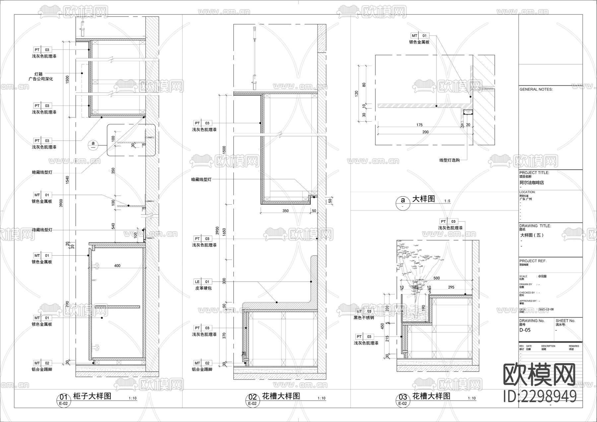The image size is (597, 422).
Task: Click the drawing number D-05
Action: pos(525,330)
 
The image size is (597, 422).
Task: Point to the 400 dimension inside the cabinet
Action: pos(117,266)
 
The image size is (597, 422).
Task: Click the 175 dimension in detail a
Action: pos(419,125)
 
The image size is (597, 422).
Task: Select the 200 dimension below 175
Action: pos(425,132)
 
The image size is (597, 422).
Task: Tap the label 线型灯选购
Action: pos(449,160)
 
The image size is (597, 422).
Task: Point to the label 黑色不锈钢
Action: pos(364,318)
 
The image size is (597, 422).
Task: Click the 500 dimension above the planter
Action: pos(436,278)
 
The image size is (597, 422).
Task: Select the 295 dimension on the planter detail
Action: pos(451,287)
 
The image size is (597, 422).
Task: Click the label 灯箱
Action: pos(38,74)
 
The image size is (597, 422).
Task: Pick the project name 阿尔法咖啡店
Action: pos(532,182)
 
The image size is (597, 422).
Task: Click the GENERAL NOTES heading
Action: pos(536,90)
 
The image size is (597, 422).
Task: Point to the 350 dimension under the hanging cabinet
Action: pos(285,211)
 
